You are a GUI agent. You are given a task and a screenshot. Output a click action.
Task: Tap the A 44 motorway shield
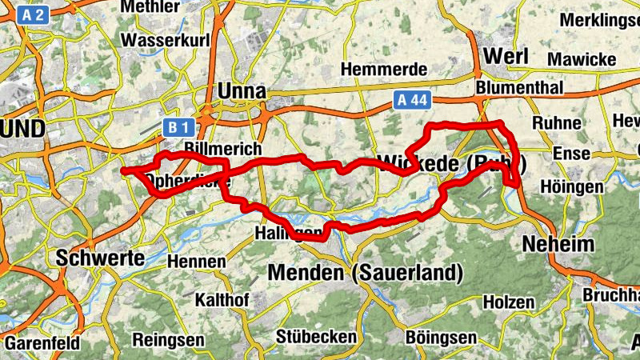tap(413, 99)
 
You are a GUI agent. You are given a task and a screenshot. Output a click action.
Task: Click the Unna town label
tap(242, 91)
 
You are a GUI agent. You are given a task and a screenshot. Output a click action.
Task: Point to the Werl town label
tap(507, 58)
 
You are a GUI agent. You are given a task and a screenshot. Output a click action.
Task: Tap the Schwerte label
tap(100, 258)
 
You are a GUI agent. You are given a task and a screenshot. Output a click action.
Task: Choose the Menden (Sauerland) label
tap(366, 273)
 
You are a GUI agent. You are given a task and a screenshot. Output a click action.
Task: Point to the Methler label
tap(150, 7)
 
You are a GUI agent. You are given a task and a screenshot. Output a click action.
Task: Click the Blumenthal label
tap(519, 86)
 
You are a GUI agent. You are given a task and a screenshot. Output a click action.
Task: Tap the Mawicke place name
tap(582, 59)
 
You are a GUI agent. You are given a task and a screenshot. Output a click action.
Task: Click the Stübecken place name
tap(316, 336)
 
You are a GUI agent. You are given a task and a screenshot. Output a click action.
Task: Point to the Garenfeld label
tap(42, 343)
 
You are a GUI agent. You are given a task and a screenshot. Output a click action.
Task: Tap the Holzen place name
tap(509, 302)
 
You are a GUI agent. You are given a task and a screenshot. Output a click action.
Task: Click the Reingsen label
tap(168, 339)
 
